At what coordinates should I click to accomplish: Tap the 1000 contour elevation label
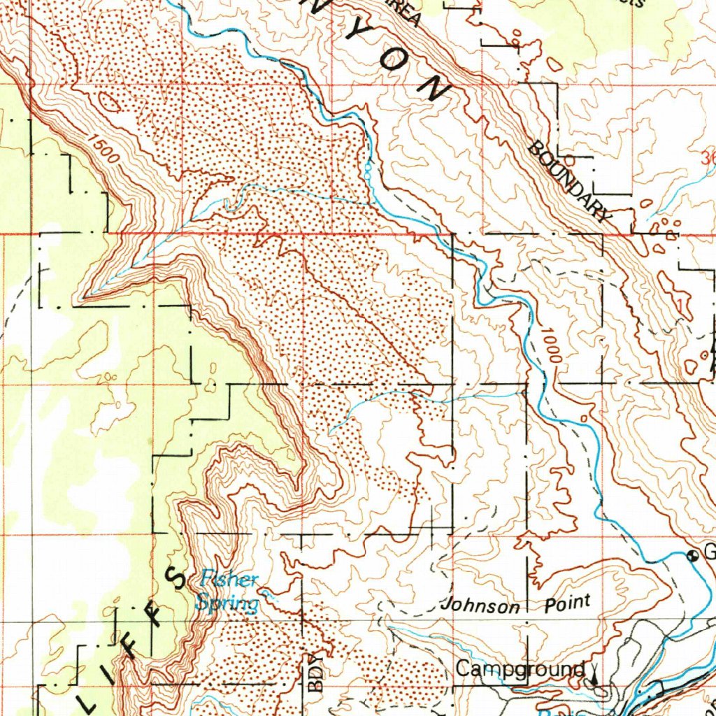(551, 344)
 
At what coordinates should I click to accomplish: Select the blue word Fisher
(229, 580)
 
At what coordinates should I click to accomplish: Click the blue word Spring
(227, 602)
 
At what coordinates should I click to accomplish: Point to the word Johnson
(481, 606)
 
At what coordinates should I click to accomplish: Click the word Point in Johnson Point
(567, 602)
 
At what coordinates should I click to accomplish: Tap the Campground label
(520, 669)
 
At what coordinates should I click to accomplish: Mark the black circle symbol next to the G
(693, 556)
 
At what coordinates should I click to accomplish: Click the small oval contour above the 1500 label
(109, 103)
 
